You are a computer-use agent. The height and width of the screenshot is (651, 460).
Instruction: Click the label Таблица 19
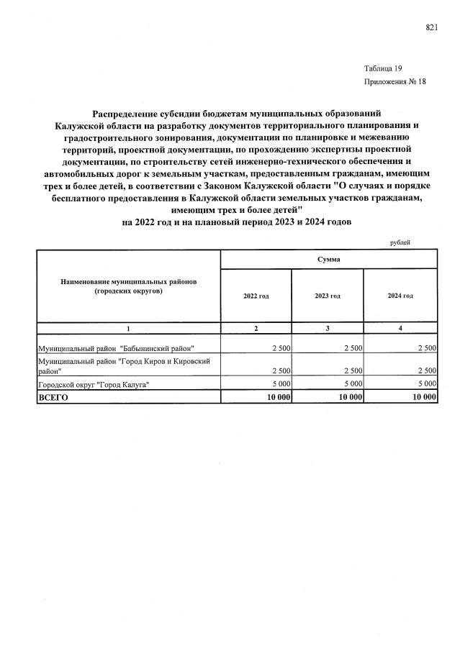383,68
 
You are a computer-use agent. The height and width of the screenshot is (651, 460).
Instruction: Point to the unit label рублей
400,242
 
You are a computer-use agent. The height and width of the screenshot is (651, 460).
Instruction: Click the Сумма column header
328,258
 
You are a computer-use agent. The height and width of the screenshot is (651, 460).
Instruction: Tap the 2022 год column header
256,296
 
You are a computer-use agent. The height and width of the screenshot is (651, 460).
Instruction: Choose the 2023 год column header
328,296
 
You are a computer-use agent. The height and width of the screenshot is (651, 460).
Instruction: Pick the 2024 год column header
400,296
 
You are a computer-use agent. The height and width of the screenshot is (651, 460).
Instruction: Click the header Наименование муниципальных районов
129,281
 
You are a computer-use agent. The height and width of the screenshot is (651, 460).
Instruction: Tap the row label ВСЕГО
53,397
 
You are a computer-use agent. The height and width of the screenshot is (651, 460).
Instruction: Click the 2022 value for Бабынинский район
280,348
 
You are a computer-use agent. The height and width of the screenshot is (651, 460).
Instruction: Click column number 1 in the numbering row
129,328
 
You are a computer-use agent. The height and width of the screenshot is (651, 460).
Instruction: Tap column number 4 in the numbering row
400,328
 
